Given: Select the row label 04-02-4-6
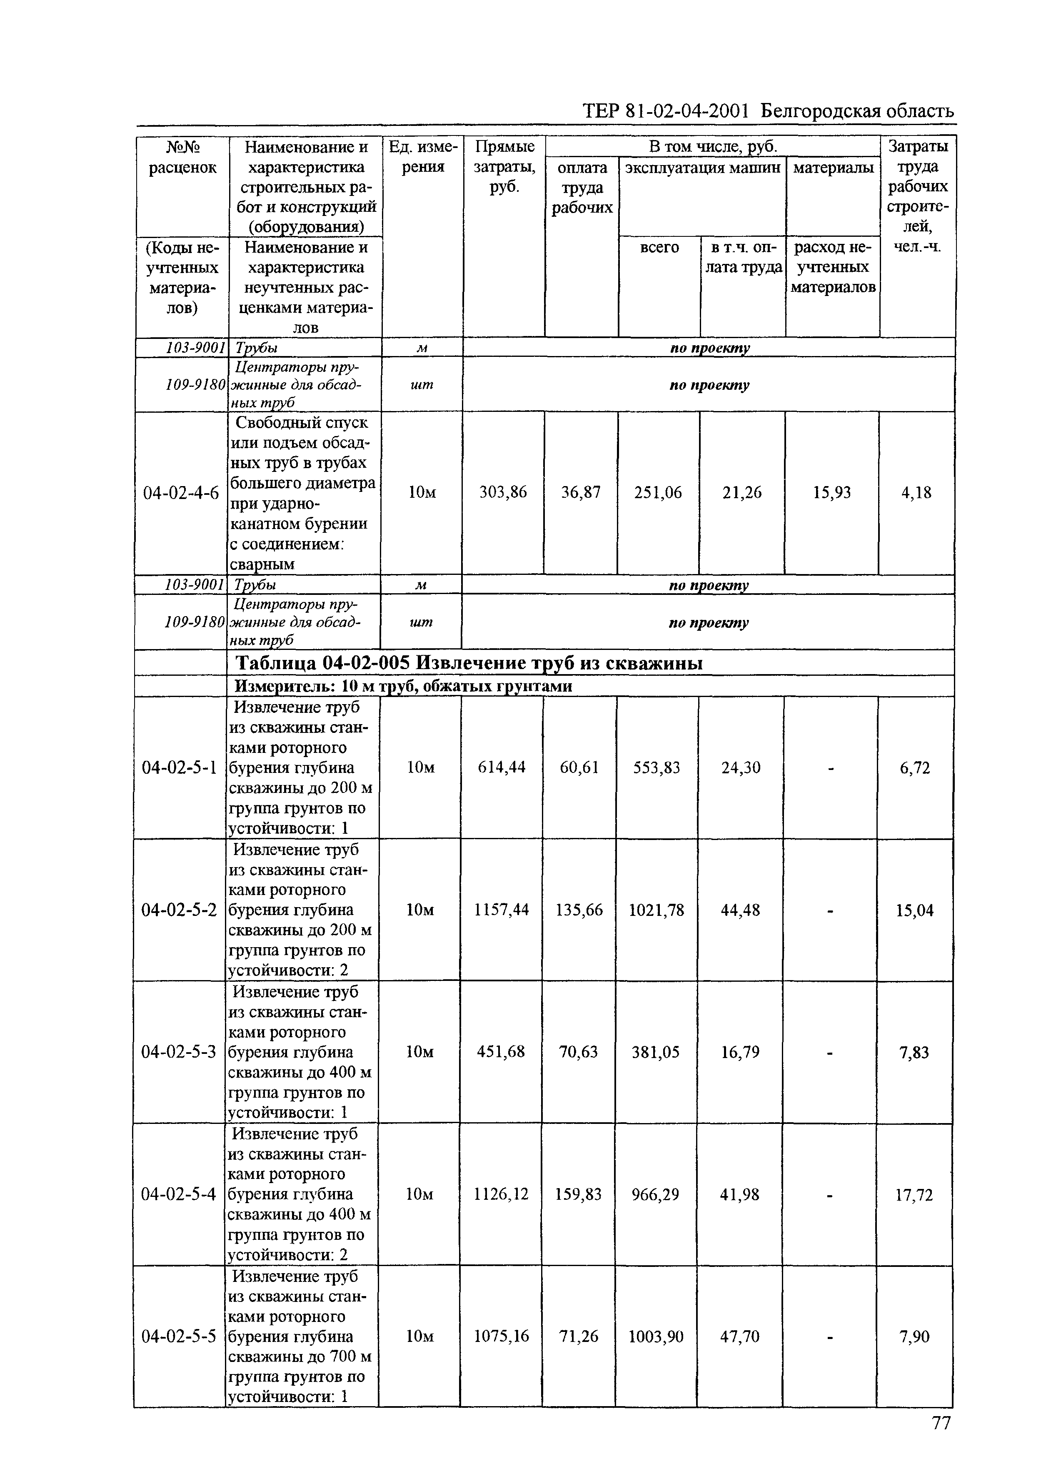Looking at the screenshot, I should [181, 493].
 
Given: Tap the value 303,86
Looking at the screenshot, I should [503, 492].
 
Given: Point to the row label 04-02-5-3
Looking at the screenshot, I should [179, 1052].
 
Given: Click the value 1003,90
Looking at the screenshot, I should [656, 1336].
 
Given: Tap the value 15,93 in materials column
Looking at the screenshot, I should [831, 492].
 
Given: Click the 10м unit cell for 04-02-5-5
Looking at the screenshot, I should [420, 1336].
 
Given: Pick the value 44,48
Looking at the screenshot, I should [740, 910].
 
